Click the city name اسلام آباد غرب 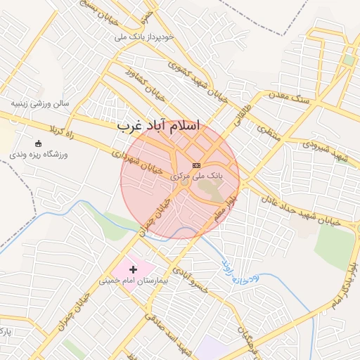pyautogui.click(x=158, y=126)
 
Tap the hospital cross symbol pyautogui.click(x=133, y=269)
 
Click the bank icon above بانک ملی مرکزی pyautogui.click(x=195, y=164)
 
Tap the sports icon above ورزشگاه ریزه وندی pyautogui.click(x=37, y=143)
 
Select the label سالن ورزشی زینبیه pyautogui.click(x=40, y=104)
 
